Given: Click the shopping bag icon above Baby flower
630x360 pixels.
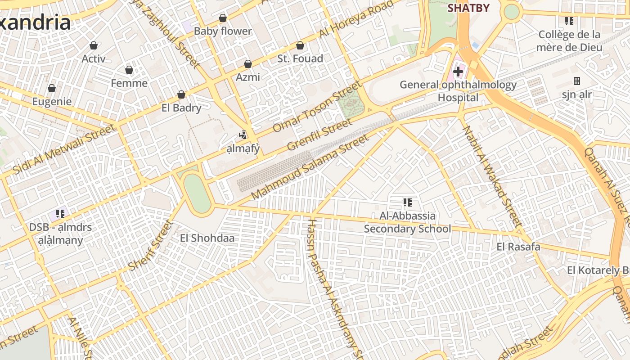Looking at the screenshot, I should pyautogui.click(x=222, y=18).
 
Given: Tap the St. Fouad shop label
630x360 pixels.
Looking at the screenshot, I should pyautogui.click(x=300, y=58).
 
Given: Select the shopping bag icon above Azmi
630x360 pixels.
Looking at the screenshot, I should pyautogui.click(x=248, y=64).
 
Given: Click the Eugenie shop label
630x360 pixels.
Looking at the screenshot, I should pyautogui.click(x=52, y=101).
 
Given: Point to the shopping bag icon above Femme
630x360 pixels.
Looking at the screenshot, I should pyautogui.click(x=129, y=70).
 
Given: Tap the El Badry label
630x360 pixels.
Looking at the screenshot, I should pyautogui.click(x=181, y=108).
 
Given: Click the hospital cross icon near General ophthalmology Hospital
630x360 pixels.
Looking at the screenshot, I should pyautogui.click(x=458, y=71).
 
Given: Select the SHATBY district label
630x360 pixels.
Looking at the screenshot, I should pyautogui.click(x=468, y=8).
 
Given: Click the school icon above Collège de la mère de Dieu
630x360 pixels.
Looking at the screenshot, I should pyautogui.click(x=569, y=21).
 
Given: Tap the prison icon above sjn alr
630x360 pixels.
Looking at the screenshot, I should pyautogui.click(x=576, y=81).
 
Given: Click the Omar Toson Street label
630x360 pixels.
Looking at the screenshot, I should pyautogui.click(x=317, y=107).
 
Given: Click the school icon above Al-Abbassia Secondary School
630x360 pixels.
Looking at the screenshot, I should pyautogui.click(x=407, y=202).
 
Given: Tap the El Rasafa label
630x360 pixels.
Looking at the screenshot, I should pyautogui.click(x=518, y=247).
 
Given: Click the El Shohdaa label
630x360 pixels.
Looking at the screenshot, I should pyautogui.click(x=207, y=238).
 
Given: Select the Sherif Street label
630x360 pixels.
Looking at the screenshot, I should pyautogui.click(x=150, y=245).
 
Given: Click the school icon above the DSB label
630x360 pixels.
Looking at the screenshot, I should pyautogui.click(x=60, y=214).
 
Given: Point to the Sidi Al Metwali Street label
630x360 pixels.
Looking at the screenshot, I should pyautogui.click(x=64, y=150).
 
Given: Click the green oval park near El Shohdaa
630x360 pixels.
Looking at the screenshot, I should pyautogui.click(x=197, y=193).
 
